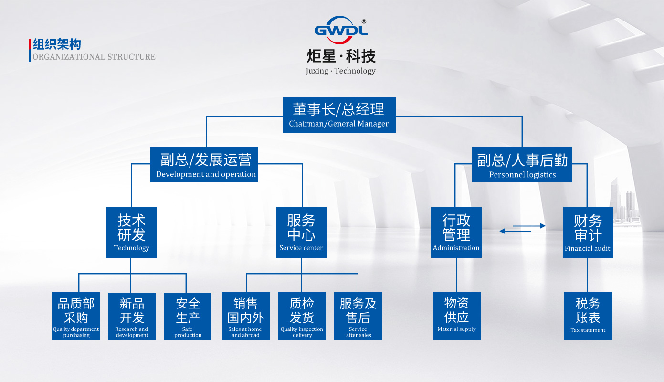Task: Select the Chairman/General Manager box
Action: point(338,115)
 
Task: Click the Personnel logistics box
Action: point(522,165)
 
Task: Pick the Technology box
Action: point(131,233)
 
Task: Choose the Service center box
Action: point(301,233)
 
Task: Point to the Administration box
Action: point(456,233)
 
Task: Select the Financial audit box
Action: point(588,233)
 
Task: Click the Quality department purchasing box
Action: point(76,316)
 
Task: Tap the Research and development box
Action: point(132,316)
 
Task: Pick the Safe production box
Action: point(188,316)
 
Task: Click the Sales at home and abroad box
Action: point(246,316)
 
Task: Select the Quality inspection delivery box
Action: point(302,316)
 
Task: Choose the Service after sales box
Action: point(358,316)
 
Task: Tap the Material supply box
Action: point(457,316)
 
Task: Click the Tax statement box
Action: point(588,316)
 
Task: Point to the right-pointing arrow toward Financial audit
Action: point(529,226)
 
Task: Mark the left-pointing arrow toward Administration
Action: point(515,232)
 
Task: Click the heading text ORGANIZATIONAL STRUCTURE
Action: point(94,57)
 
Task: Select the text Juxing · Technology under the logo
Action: point(340,71)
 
